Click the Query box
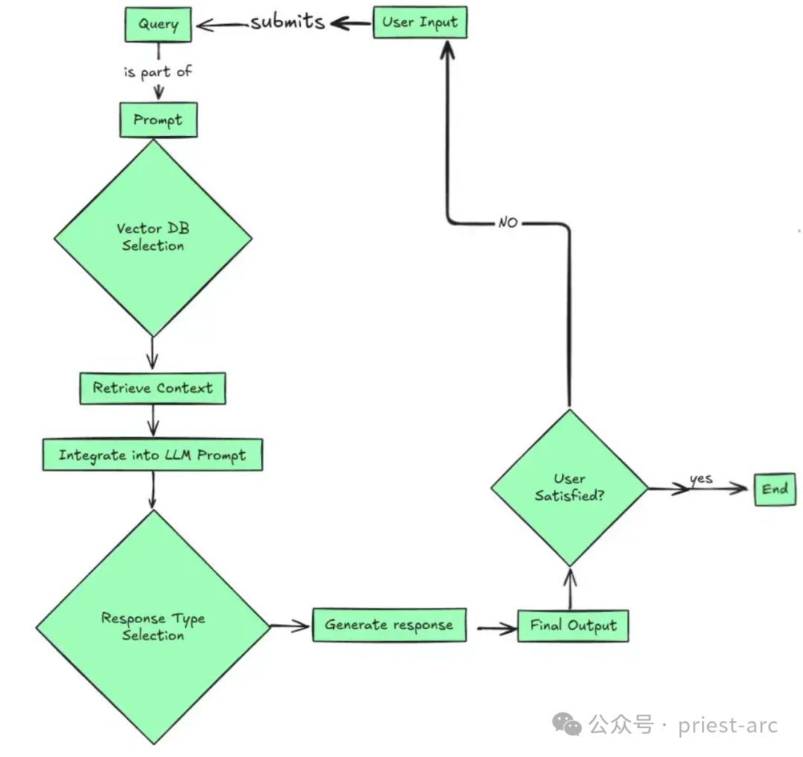point(158,24)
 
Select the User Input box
point(420,22)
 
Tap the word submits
point(287,22)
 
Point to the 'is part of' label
point(158,71)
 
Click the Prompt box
point(158,120)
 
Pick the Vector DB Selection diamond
point(153,238)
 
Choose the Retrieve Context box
point(152,388)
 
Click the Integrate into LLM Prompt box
point(152,455)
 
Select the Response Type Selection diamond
point(153,627)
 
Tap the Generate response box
point(389,625)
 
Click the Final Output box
point(573,625)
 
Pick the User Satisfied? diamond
point(570,488)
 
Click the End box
point(775,489)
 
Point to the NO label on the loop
point(508,222)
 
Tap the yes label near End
point(701,479)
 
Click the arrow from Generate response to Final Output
point(497,628)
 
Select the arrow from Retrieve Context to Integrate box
point(153,420)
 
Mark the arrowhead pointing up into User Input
point(448,49)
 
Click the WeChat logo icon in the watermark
point(567,725)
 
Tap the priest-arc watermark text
point(728,726)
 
